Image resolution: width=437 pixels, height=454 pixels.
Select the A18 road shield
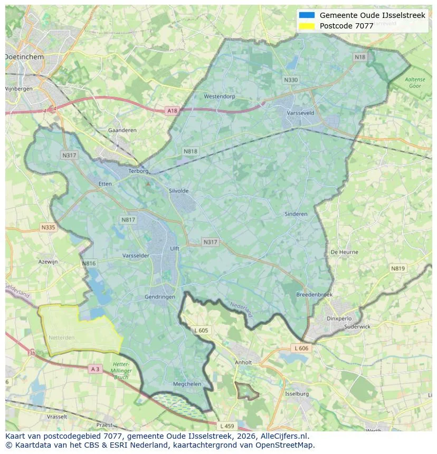(x=172, y=111)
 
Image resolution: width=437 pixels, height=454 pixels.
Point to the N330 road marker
(x=291, y=80)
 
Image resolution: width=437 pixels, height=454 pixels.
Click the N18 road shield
(x=360, y=57)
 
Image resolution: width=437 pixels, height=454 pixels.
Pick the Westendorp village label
(x=220, y=96)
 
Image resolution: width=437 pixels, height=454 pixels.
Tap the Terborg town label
(x=139, y=171)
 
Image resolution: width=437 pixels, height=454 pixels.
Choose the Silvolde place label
(x=178, y=191)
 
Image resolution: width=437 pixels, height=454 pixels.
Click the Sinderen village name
(x=296, y=214)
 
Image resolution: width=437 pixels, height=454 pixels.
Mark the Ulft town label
(x=175, y=249)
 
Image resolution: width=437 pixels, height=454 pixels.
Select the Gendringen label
(x=160, y=297)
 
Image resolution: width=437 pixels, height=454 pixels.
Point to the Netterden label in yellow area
(x=62, y=336)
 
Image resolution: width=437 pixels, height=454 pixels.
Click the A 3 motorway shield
(x=95, y=369)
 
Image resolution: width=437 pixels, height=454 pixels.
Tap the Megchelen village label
(x=187, y=384)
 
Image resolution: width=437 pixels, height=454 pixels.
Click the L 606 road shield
(x=301, y=349)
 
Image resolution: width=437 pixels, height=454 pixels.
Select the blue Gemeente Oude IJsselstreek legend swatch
(x=307, y=15)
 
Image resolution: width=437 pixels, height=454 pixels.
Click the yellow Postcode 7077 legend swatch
(x=307, y=26)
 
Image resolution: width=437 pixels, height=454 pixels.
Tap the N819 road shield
(x=398, y=268)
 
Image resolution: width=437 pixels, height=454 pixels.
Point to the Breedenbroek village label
(x=315, y=295)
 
